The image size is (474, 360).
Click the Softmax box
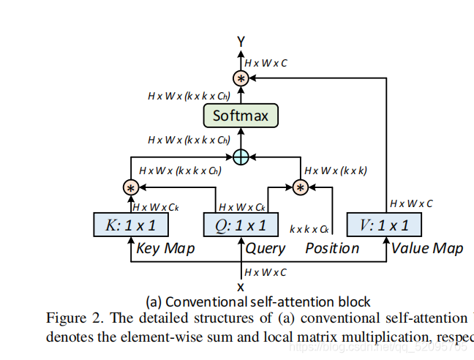(240, 116)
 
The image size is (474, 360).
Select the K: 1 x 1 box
(131, 225)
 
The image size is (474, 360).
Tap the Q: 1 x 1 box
(241, 225)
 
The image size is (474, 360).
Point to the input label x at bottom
(240, 286)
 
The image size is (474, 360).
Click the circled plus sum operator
(241, 156)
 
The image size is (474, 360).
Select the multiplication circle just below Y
(241, 78)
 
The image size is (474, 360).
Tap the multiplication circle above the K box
(131, 188)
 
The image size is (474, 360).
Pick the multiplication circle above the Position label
(299, 188)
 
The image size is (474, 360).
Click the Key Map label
(165, 249)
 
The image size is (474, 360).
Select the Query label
(265, 249)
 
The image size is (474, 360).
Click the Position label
(332, 249)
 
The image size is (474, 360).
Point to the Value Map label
(426, 249)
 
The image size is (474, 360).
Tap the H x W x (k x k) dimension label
(335, 170)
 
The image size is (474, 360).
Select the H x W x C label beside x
(266, 272)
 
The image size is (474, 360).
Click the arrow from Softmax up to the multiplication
(241, 95)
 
